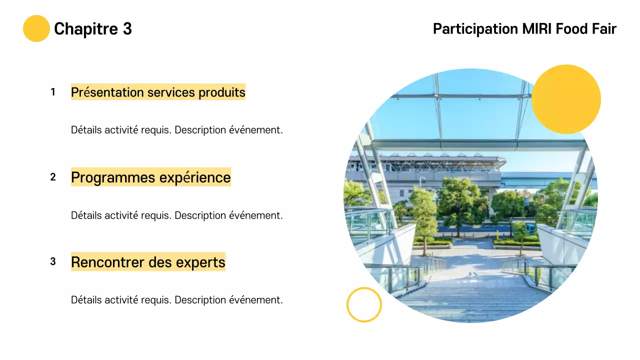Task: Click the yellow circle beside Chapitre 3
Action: click(x=36, y=28)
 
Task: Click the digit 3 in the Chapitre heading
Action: click(x=127, y=29)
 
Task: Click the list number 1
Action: click(x=53, y=92)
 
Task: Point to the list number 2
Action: click(x=53, y=177)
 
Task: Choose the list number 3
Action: click(x=53, y=261)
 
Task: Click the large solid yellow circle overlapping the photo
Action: click(x=566, y=99)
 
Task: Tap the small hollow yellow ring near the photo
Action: click(x=364, y=304)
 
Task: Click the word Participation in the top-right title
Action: click(x=475, y=29)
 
